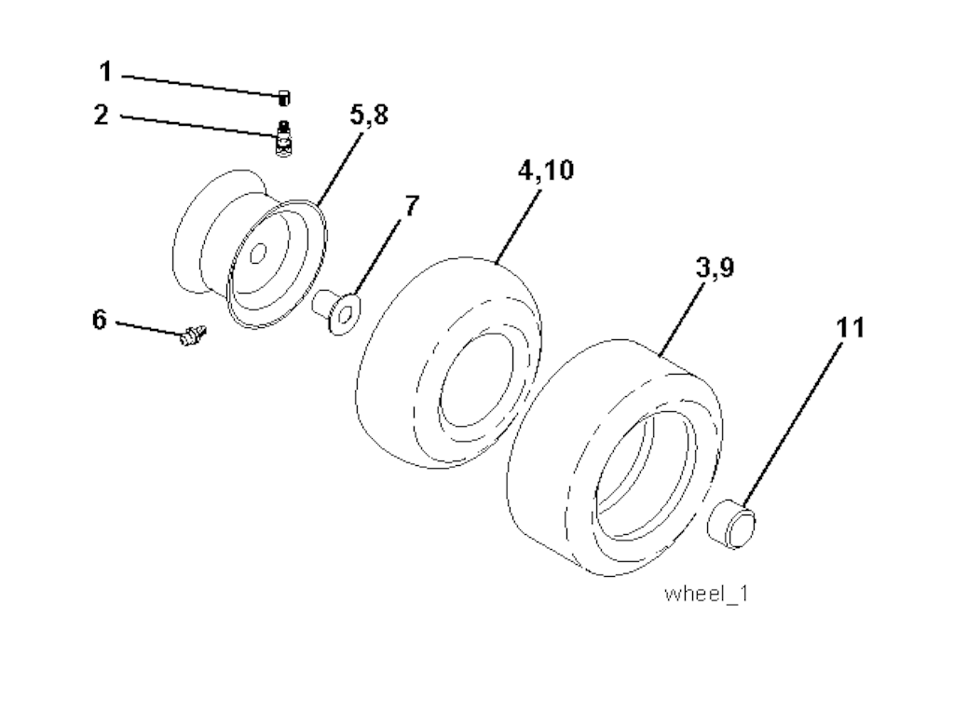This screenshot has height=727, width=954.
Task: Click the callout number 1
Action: pos(105,72)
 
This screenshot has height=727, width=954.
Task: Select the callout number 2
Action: pos(102,116)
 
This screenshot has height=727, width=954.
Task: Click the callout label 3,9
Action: pos(715,268)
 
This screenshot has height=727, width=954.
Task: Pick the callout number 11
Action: pos(849,328)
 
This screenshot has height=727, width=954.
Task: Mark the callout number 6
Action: pos(100,320)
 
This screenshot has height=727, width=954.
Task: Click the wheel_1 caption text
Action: pos(705,594)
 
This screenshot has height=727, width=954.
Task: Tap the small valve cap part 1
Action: pos(284,97)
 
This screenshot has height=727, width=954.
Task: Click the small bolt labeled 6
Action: pos(192,336)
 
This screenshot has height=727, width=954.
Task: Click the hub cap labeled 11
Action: pos(735,523)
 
